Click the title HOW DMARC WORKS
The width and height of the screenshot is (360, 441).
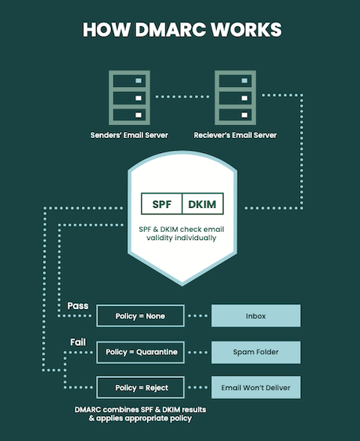(x=181, y=30)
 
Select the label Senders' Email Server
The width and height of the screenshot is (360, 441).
(x=125, y=136)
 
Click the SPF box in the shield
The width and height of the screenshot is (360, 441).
(x=162, y=204)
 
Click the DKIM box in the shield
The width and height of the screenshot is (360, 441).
(x=202, y=204)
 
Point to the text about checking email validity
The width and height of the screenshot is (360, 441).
(x=181, y=233)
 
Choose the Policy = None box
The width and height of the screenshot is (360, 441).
(x=140, y=316)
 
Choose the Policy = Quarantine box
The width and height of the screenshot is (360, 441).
(x=140, y=352)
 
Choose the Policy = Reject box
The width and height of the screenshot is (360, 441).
(x=140, y=388)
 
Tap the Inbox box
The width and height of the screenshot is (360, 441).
(x=256, y=316)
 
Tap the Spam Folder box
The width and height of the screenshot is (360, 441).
(x=256, y=352)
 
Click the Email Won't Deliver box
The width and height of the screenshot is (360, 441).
(x=256, y=388)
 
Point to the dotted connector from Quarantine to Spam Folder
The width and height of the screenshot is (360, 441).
(x=198, y=352)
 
